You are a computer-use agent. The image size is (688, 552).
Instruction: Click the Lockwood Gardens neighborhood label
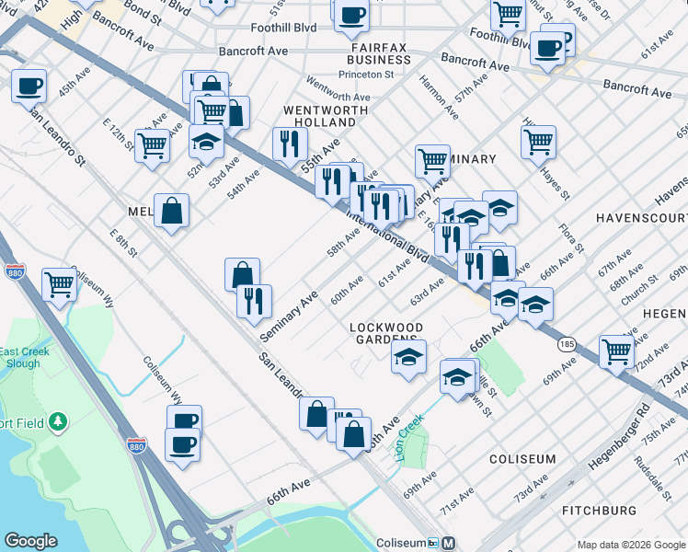pos(386,334)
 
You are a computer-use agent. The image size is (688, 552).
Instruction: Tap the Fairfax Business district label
pos(385,52)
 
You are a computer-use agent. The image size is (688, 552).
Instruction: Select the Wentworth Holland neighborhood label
pos(319,116)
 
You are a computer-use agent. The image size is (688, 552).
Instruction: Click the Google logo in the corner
pos(30,541)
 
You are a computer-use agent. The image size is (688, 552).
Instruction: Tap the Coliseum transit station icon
pos(448,543)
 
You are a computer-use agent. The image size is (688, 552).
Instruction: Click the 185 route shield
pos(566,343)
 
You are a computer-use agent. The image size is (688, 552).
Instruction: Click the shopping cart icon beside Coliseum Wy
pos(59,284)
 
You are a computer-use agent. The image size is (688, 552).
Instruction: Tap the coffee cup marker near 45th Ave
pos(29,86)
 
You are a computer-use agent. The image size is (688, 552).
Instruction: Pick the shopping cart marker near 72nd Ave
pos(616,351)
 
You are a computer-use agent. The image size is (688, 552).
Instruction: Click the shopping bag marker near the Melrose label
pos(171,211)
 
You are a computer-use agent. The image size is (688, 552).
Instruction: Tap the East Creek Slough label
pos(19,358)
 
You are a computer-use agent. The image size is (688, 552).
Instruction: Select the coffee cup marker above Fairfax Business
pos(350,16)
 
